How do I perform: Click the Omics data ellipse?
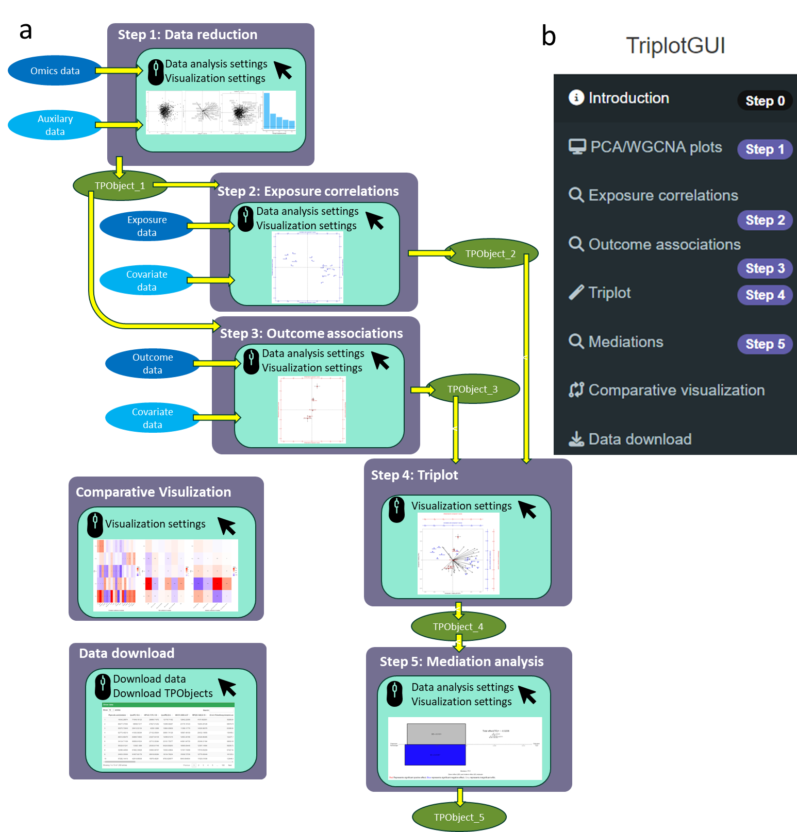click(55, 71)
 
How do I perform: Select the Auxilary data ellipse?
click(55, 125)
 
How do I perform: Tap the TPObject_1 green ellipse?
click(120, 186)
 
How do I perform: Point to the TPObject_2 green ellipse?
click(490, 253)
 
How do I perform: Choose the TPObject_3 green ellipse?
click(472, 389)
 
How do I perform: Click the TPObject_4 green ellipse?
click(458, 626)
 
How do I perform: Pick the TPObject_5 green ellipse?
click(459, 817)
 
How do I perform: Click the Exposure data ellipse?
click(146, 226)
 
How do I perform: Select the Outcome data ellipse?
click(152, 364)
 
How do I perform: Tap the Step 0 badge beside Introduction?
click(765, 101)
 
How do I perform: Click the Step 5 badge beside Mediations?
click(765, 344)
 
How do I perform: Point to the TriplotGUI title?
click(675, 46)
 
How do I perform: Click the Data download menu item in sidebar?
click(639, 439)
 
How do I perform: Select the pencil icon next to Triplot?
click(576, 293)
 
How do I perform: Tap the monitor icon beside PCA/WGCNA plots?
click(577, 147)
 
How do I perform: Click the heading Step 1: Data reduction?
click(187, 35)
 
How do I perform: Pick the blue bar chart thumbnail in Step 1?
click(279, 112)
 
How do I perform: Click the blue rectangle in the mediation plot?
click(435, 755)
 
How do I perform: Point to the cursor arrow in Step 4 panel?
click(527, 509)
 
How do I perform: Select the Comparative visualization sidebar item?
click(676, 390)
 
